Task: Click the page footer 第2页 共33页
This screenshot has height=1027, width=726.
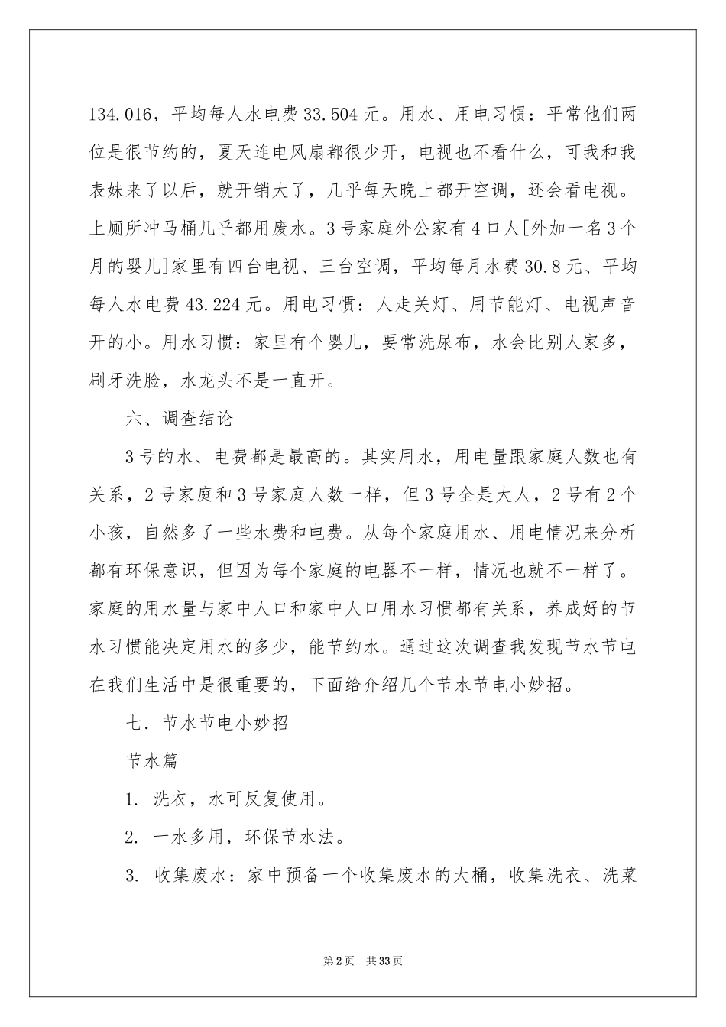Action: coord(363,961)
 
